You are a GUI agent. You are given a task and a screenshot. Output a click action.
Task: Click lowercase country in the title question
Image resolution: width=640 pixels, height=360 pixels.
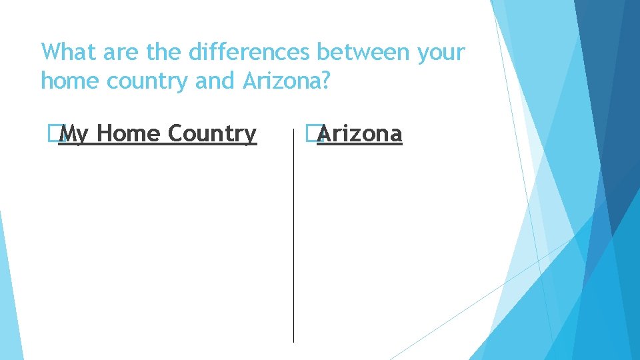pyautogui.click(x=147, y=82)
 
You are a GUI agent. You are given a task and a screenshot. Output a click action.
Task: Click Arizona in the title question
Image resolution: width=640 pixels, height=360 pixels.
pyautogui.click(x=283, y=81)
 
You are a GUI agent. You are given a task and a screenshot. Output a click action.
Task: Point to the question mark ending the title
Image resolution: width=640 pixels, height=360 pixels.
pyautogui.click(x=326, y=81)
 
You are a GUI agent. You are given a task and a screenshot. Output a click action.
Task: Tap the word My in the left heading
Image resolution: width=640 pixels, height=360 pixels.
pyautogui.click(x=73, y=135)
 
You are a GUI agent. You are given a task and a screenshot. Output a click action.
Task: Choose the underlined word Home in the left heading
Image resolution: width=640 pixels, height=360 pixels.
pyautogui.click(x=128, y=133)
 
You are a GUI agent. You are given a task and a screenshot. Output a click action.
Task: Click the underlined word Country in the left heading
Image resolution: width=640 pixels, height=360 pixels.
pyautogui.click(x=212, y=135)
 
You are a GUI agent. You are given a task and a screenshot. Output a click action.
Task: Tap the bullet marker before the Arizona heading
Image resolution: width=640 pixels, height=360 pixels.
pyautogui.click(x=309, y=134)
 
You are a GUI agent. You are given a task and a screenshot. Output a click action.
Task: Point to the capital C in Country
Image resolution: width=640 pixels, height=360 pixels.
pyautogui.click(x=175, y=133)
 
